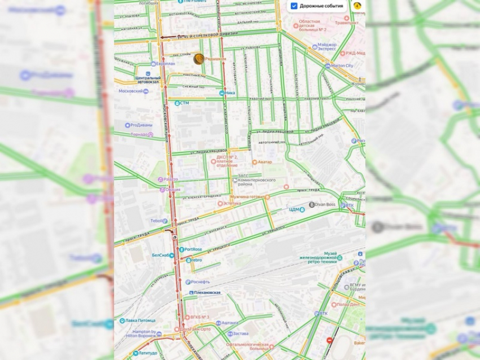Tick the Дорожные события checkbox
pyautogui.click(x=294, y=6)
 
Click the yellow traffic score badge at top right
pyautogui.click(x=357, y=6)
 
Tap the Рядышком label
pyautogui.click(x=215, y=59)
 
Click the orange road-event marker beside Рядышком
pyautogui.click(x=199, y=59)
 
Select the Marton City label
pyautogui.click(x=342, y=65)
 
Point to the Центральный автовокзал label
pyautogui.click(x=148, y=78)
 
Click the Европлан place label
pyautogui.click(x=165, y=64)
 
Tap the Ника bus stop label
pyautogui.click(x=229, y=93)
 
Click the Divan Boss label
pyautogui.click(x=325, y=204)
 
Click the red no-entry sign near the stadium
pyautogui.click(x=330, y=340)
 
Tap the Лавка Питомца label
pyautogui.click(x=141, y=321)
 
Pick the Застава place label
pyautogui.click(x=240, y=333)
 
